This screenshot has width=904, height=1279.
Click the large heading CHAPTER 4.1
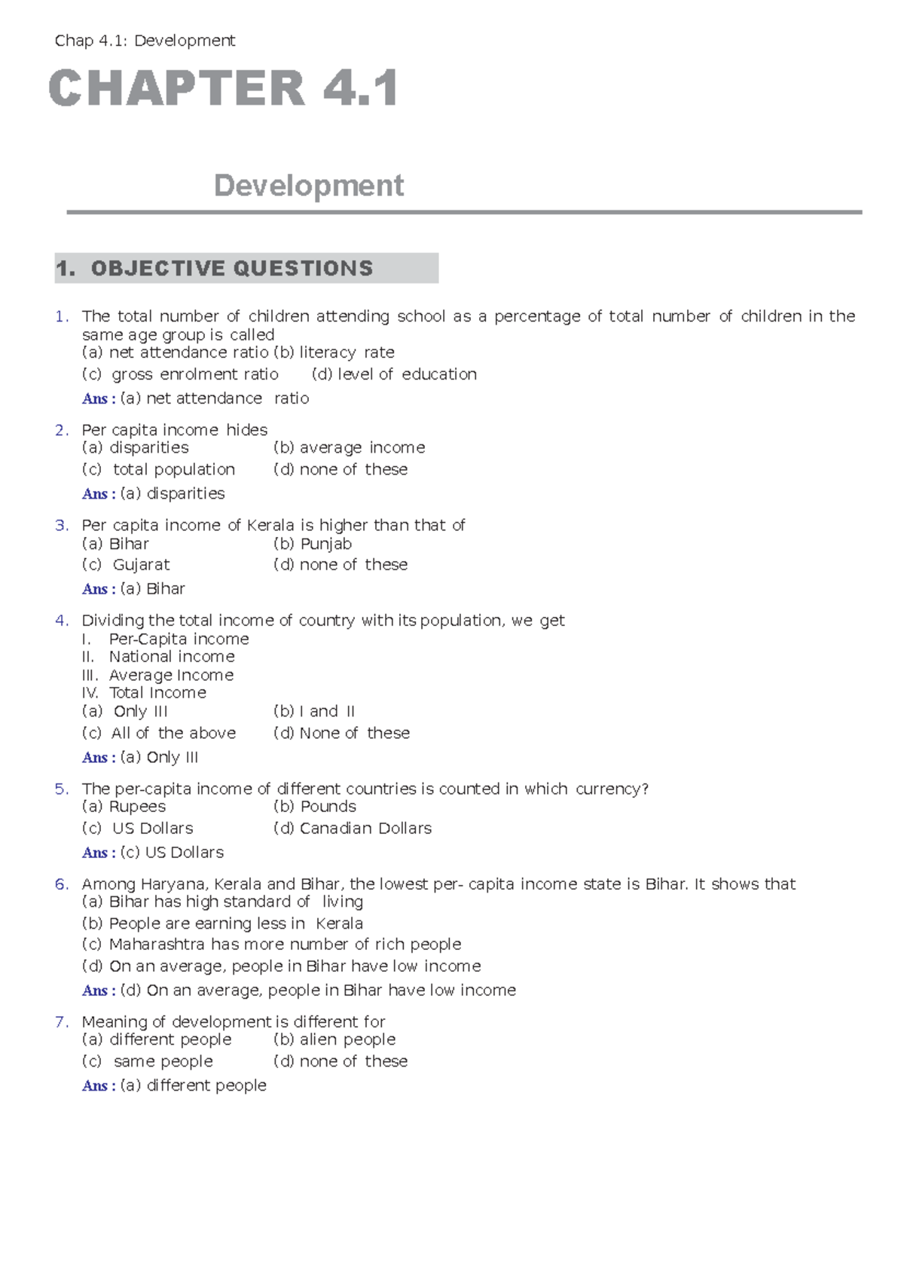click(224, 89)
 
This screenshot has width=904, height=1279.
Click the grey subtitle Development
click(309, 185)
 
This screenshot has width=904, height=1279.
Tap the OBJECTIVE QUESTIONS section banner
click(246, 268)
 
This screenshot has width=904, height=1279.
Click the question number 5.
click(61, 789)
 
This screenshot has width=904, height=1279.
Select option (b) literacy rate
click(334, 353)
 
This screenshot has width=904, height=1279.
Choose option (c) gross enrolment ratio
click(180, 374)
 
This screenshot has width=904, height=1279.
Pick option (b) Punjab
click(313, 544)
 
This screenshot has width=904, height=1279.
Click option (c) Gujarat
click(126, 565)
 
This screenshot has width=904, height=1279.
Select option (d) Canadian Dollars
click(353, 829)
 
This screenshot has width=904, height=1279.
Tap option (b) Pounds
click(315, 807)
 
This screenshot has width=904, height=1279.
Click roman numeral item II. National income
click(158, 657)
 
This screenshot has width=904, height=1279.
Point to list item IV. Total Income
click(144, 693)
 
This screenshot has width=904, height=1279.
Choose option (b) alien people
click(334, 1039)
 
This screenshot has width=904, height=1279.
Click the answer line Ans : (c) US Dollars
click(153, 853)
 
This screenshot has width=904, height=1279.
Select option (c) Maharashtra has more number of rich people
click(271, 945)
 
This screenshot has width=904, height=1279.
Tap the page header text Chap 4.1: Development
click(145, 41)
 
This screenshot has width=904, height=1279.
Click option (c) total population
click(158, 470)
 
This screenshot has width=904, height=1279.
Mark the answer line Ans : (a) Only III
click(140, 758)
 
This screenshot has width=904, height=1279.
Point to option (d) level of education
click(394, 374)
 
